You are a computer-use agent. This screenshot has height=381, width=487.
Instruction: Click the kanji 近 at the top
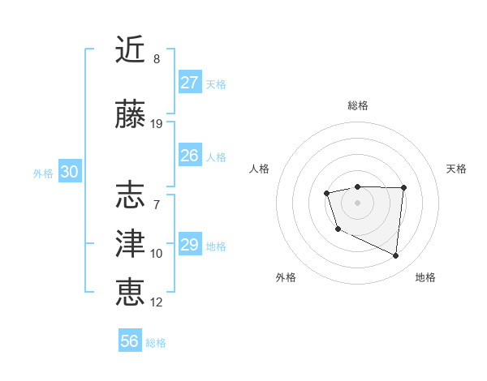(131, 49)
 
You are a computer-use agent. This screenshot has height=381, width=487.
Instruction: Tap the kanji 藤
(131, 114)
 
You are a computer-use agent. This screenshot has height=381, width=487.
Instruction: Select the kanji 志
(131, 195)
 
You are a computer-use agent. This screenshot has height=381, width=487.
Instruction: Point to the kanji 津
(131, 244)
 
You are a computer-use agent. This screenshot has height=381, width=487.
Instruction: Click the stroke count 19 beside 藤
(157, 124)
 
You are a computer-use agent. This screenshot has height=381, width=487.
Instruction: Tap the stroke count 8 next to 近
(157, 59)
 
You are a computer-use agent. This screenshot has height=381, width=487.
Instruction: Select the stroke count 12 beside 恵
(157, 302)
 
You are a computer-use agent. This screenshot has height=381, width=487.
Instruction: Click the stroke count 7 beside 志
(157, 205)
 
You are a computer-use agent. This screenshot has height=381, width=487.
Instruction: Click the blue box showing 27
(189, 82)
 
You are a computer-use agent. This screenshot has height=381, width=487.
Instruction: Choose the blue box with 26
(189, 155)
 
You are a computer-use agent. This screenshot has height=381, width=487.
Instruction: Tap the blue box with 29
(189, 244)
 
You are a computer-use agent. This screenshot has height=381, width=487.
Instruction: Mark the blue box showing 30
(69, 172)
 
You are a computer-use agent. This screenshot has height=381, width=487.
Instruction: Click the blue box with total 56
(130, 341)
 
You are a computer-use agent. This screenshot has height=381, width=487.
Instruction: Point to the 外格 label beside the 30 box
(43, 173)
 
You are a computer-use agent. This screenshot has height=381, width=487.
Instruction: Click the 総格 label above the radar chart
(358, 105)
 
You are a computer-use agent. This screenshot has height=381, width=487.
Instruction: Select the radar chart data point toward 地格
(396, 256)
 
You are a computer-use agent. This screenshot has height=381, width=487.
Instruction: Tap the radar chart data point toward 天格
(403, 188)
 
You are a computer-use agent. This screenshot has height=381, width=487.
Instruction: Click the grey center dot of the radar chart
(358, 202)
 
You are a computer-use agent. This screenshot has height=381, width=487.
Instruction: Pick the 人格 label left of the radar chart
(260, 169)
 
